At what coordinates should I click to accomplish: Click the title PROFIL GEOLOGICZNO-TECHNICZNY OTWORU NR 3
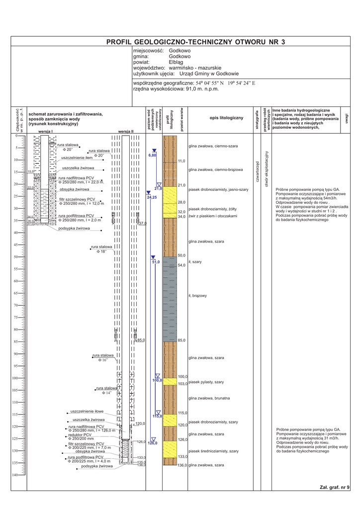point(196,43)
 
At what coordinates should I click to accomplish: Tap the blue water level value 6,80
point(153,156)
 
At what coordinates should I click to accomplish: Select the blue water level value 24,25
point(152,198)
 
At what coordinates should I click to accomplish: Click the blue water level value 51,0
point(156,262)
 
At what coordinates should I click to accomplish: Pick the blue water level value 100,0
point(157,380)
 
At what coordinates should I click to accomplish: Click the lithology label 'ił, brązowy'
point(197,296)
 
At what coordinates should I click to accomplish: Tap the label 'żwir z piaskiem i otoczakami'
point(213,216)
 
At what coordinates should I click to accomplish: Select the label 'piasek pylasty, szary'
point(206,382)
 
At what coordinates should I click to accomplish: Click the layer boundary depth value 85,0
point(181,340)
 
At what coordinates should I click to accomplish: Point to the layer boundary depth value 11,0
point(181,162)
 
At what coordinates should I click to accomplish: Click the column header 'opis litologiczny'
point(219,118)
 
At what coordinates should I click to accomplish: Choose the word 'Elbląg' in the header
point(176,62)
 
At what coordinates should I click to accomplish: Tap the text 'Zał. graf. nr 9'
point(335,487)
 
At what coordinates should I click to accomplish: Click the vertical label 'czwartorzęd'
point(257,171)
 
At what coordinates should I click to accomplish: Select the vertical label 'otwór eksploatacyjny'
point(267,169)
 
